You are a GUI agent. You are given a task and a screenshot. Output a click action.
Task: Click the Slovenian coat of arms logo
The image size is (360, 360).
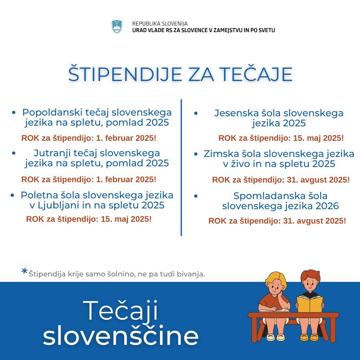pyautogui.click(x=117, y=27)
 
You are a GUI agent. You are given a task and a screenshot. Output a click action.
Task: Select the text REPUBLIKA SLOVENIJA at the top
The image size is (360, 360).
pyautogui.click(x=160, y=24)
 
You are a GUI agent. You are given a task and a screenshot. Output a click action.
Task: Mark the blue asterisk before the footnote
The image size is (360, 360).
pyautogui.click(x=24, y=271)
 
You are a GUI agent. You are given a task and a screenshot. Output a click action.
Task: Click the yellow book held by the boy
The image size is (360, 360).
pyautogui.click(x=310, y=303)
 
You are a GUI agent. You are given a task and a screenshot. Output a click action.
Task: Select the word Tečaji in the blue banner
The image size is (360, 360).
pyautogui.click(x=121, y=311)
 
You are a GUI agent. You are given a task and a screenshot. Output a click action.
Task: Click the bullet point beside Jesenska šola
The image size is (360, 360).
pyautogui.click(x=195, y=113)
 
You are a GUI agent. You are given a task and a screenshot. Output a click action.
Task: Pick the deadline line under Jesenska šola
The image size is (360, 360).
pyautogui.click(x=281, y=138)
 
